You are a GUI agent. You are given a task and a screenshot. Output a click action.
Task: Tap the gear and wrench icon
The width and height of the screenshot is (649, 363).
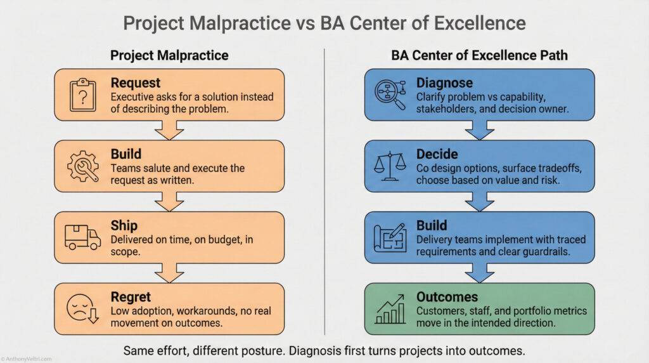pyautogui.click(x=82, y=166)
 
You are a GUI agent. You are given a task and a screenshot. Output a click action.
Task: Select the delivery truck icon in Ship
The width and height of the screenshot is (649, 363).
pyautogui.click(x=82, y=237)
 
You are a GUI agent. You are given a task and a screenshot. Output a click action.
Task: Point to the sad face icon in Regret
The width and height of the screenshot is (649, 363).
pyautogui.click(x=82, y=308)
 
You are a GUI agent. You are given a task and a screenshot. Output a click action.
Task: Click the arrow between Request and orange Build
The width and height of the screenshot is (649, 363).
pyautogui.click(x=169, y=130)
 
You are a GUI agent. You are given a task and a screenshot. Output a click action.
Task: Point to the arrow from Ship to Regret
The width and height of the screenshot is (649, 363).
pyautogui.click(x=169, y=273)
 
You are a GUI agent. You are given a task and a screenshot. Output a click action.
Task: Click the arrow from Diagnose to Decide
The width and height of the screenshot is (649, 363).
pyautogui.click(x=480, y=130)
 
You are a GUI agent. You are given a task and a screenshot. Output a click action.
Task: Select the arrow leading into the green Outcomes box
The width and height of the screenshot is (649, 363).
pyautogui.click(x=480, y=273)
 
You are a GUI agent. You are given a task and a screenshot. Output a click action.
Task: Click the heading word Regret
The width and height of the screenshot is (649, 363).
pyautogui.click(x=131, y=297)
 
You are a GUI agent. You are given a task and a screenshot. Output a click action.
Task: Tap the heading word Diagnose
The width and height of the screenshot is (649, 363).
pyautogui.click(x=444, y=82)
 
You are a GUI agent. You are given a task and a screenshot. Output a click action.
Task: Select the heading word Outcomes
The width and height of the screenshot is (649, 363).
pyautogui.click(x=447, y=297)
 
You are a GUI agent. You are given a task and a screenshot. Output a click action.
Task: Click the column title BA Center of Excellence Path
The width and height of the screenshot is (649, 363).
pyautogui.click(x=479, y=55)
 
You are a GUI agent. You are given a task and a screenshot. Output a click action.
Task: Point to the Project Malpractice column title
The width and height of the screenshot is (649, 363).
pyautogui.click(x=169, y=55)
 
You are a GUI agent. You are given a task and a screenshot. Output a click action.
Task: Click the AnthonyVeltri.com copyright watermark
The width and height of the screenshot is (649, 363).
pyautogui.click(x=27, y=359)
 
